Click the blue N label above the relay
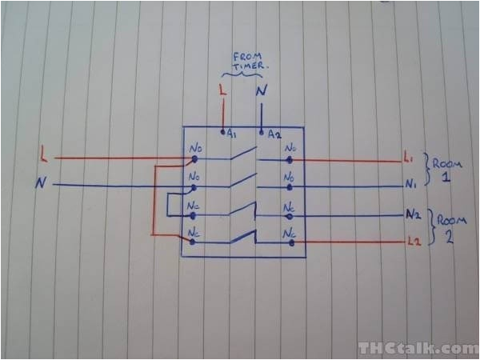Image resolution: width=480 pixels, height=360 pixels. coord(261,92)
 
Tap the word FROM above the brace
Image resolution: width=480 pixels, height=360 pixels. coord(243,57)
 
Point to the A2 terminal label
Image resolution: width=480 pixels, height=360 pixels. coord(274,134)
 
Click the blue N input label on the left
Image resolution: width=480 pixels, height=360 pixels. coord(40,184)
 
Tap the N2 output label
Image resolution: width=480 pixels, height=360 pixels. coord(413,214)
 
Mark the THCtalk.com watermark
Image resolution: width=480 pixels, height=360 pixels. coord(418,347)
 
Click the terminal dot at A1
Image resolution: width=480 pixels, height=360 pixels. coord(223,130)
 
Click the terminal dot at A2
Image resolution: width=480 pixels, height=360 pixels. coord(263,130)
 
